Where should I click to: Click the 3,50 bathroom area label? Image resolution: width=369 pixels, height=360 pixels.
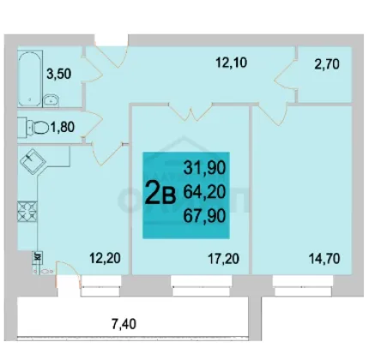[59, 74]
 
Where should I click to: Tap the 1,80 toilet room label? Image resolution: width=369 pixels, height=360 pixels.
[63, 127]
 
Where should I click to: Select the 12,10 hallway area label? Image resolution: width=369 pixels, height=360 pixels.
[231, 63]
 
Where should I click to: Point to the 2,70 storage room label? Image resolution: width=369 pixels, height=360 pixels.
[327, 63]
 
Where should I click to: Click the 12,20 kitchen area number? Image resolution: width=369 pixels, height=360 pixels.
[105, 258]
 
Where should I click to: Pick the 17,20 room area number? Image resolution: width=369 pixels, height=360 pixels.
[223, 259]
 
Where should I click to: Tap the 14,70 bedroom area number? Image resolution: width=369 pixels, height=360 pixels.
[324, 259]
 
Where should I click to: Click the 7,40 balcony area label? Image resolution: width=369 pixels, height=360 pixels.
[124, 324]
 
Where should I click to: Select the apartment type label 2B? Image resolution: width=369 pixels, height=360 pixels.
[160, 193]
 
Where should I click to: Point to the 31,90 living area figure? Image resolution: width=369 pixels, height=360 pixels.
[204, 167]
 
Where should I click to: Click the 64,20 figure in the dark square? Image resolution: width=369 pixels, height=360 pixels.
[204, 191]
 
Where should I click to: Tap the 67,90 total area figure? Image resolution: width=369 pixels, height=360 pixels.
[204, 215]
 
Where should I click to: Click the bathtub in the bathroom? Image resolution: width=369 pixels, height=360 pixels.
[29, 79]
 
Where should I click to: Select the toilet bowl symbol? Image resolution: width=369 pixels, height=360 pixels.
[39, 127]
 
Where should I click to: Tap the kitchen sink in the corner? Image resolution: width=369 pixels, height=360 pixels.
[33, 161]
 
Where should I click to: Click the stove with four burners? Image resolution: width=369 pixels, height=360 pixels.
[27, 212]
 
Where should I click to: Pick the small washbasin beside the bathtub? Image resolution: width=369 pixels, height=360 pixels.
[51, 100]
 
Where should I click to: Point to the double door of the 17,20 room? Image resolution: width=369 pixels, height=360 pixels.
[191, 112]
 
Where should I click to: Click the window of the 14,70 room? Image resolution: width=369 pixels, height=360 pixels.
[303, 286]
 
